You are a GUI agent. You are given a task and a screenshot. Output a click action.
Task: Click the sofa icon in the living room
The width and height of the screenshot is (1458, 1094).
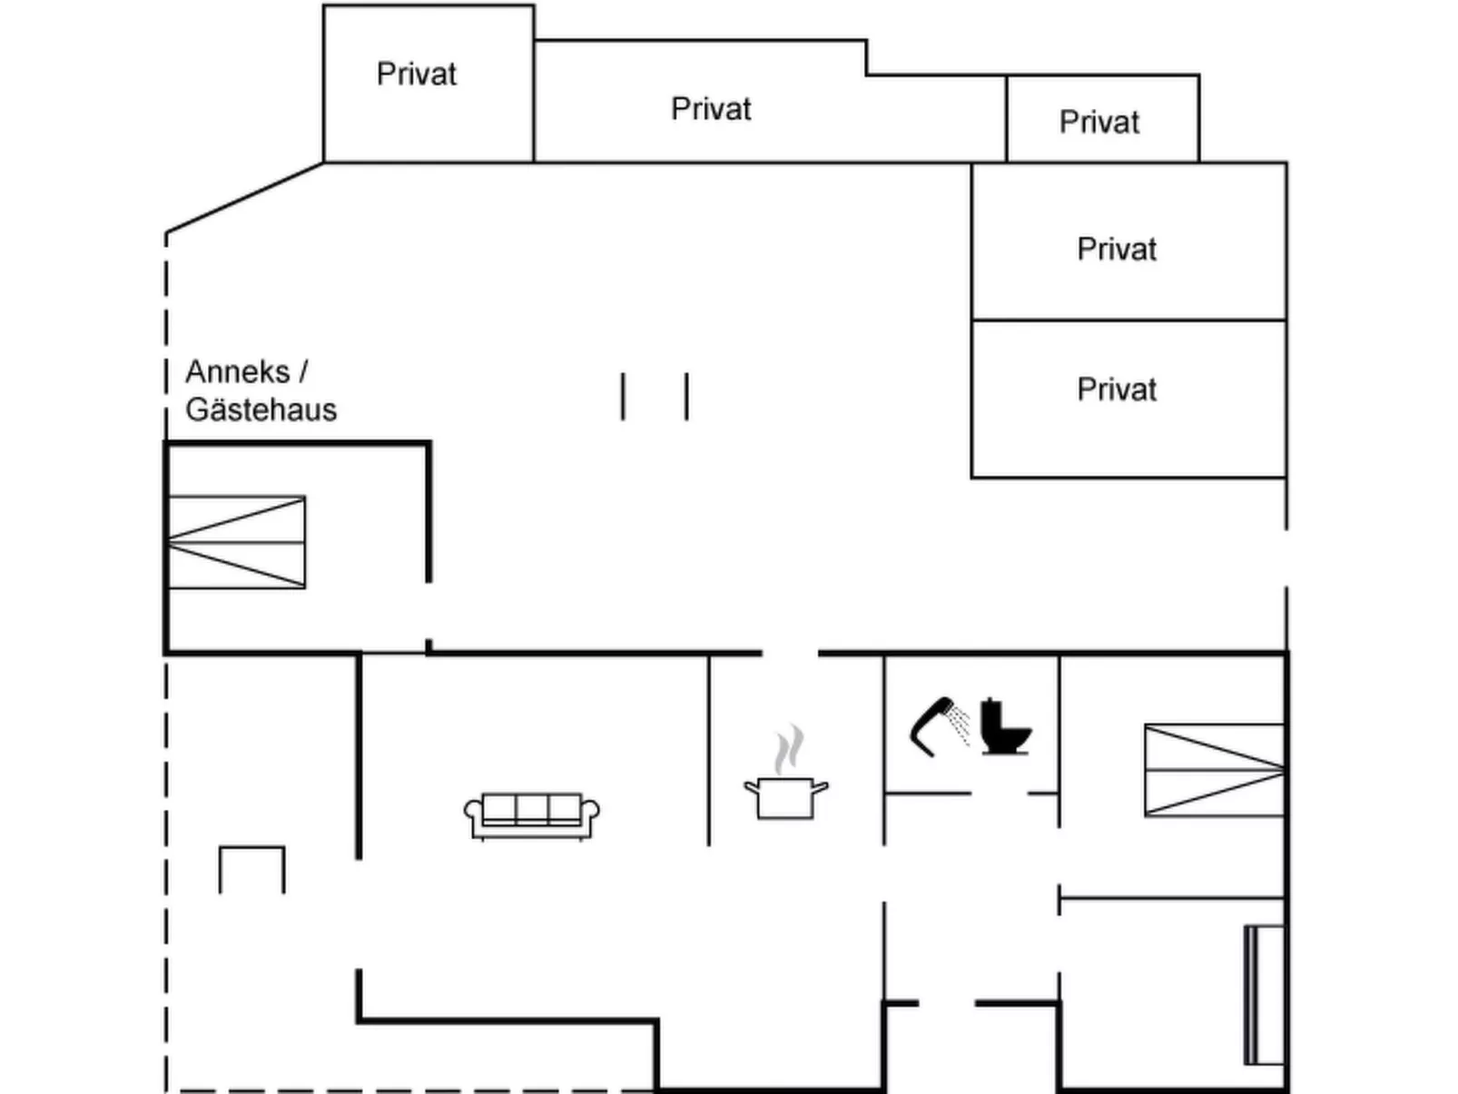pos(531,814)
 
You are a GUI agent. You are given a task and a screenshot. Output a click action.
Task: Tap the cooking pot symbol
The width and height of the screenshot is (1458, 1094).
pos(785,797)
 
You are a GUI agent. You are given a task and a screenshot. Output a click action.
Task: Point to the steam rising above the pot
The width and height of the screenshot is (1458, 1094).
pos(789,749)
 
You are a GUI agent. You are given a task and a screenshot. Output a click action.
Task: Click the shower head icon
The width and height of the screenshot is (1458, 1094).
pos(930,725)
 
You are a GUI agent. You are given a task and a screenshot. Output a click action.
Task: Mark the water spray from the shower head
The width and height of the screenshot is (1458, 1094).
pos(961,725)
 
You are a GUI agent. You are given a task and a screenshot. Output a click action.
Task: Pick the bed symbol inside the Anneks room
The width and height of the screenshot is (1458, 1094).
pos(237,542)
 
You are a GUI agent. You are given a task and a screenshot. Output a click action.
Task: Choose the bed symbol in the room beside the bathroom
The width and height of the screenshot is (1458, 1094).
pos(1214,770)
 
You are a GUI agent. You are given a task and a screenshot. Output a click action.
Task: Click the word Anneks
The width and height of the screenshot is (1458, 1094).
pos(237,372)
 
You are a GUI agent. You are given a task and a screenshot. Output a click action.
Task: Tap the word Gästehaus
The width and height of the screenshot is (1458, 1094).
pos(261,410)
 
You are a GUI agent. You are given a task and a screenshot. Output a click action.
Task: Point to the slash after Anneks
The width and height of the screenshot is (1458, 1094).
pos(303,372)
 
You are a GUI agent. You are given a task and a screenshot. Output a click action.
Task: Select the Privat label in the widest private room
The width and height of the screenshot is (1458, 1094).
pos(711,109)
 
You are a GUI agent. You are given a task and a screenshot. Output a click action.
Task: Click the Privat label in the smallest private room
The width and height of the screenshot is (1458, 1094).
pos(1098,123)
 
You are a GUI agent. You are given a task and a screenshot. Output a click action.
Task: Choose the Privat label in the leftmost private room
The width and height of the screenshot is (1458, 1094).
pos(416,74)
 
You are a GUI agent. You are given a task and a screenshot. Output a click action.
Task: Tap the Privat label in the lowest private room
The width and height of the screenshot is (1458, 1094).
pos(1117,390)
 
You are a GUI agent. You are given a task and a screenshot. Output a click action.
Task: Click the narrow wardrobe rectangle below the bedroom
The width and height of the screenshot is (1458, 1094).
pos(1263,994)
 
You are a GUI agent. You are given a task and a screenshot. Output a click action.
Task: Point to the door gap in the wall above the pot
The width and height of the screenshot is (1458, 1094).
pos(790,652)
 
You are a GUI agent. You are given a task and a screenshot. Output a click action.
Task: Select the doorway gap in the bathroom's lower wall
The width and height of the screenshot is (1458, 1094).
pos(999,793)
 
